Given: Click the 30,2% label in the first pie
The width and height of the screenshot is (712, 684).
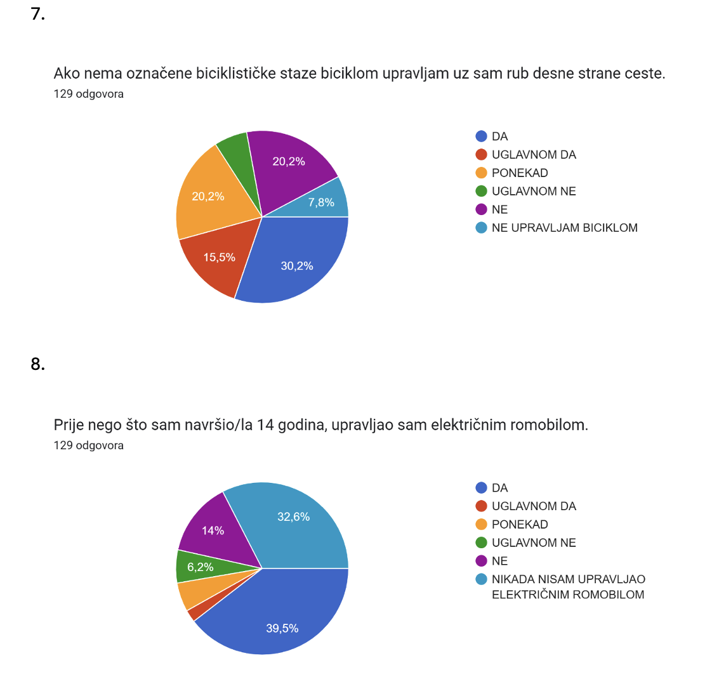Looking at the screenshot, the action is coord(297,266).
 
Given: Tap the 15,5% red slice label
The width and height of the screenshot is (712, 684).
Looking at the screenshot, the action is coord(220,258).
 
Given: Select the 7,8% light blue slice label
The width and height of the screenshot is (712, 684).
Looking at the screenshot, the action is coord(322,202).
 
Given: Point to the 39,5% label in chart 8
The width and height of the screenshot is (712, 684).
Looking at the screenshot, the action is coord(282,629).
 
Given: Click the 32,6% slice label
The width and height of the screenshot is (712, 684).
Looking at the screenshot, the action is coord(294,517).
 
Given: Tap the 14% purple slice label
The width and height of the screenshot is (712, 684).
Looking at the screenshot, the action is coord(213,530).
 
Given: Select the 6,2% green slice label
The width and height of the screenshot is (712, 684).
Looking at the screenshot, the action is coord(201,567).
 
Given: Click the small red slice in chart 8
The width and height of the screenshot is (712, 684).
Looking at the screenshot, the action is coord(195,613).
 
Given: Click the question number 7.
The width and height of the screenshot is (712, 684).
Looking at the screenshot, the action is coord(38,14).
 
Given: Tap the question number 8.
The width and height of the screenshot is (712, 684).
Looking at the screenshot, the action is coord(38,364).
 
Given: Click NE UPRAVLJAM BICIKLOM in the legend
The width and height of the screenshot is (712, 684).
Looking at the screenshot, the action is coord(564,228).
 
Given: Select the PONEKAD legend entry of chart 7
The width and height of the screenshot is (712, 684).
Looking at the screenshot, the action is coord(520,173).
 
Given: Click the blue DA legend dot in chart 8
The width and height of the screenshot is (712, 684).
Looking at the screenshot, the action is coord(481,488).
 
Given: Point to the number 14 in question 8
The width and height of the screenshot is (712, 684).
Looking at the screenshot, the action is coord(265,425).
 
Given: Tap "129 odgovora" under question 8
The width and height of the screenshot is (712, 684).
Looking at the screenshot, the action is coord(89,445).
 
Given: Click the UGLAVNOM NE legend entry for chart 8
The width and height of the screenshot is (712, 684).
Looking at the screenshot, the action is coord(534,543).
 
